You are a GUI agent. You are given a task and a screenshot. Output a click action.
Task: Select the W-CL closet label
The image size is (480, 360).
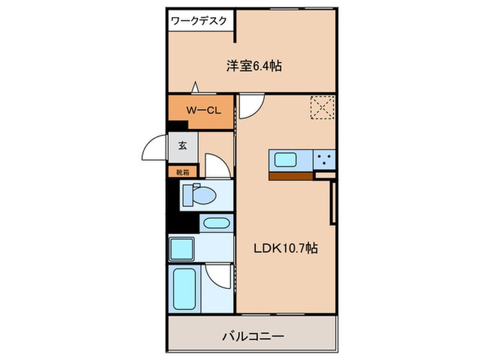point(202,110)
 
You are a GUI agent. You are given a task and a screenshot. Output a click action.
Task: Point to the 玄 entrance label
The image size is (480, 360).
point(183,145)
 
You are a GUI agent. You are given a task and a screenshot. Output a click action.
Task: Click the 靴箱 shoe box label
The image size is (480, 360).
point(183,172)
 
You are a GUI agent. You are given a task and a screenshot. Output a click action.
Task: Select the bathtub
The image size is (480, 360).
point(185,287)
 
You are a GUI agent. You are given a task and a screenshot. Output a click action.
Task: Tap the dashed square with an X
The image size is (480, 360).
point(320,108)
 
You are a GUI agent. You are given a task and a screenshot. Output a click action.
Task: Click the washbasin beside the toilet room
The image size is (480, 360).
point(217,224)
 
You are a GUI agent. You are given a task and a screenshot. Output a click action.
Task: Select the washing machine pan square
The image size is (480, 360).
point(183,248)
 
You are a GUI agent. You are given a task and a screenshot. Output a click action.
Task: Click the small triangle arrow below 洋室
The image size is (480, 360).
point(195,87)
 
